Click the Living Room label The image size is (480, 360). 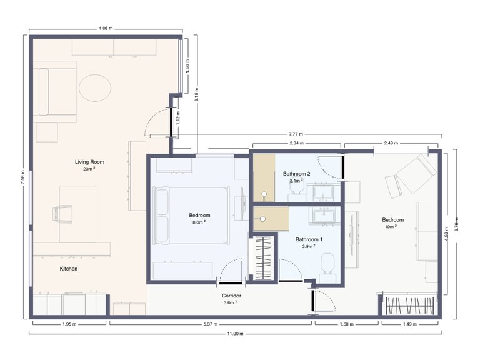click(89, 162)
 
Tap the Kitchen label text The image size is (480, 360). click(68, 269)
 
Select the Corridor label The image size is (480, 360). click(232, 296)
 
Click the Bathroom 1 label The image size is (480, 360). click(309, 239)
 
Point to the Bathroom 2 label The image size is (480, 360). click(296, 173)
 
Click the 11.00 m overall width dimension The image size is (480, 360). click(235, 334)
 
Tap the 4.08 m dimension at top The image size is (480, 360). click(106, 28)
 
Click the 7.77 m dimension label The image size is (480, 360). click(296, 134)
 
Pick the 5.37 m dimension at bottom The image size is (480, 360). click(209, 324)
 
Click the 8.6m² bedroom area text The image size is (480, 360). click(199, 222)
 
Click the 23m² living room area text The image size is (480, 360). click(89, 169)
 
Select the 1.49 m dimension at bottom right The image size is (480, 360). click(410, 324)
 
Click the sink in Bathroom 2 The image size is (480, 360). click(324, 192)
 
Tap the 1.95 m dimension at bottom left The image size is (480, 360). click(69, 324)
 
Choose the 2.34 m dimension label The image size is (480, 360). click(296, 143)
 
